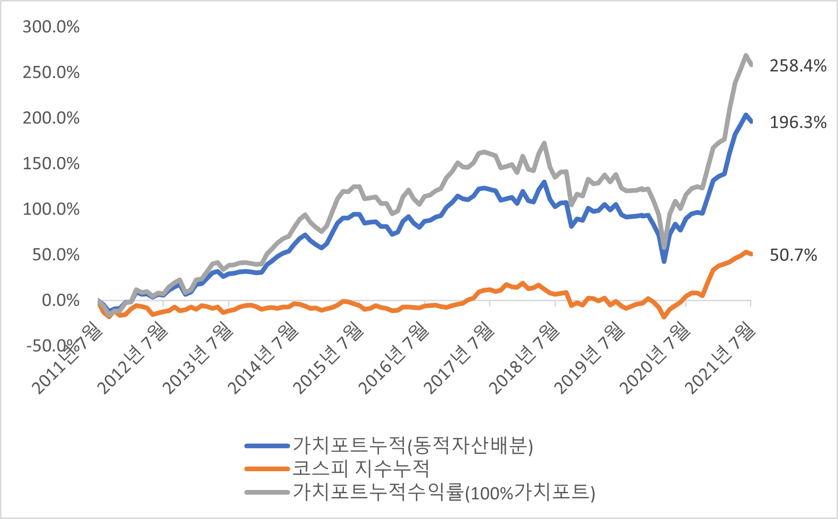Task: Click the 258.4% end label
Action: [x=798, y=66]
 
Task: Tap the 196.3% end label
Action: [x=798, y=123]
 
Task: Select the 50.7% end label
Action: [x=793, y=255]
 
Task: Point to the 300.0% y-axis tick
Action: [x=51, y=27]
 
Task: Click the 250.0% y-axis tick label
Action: [x=51, y=73]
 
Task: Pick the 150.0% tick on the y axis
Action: [x=51, y=164]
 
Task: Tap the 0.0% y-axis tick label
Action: [x=60, y=300]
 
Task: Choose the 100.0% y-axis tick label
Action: [x=51, y=209]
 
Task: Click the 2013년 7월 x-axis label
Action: [x=198, y=358]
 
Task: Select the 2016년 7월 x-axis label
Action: [x=394, y=358]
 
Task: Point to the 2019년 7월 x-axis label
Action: [x=590, y=358]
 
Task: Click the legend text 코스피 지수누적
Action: [x=361, y=468]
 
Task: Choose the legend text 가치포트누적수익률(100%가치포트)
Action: [x=444, y=492]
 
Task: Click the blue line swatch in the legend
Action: [x=267, y=446]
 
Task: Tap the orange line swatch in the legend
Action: [x=267, y=469]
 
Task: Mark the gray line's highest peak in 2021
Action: [x=745, y=56]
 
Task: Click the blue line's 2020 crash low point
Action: [x=664, y=261]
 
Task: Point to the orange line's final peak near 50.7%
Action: [x=746, y=252]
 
